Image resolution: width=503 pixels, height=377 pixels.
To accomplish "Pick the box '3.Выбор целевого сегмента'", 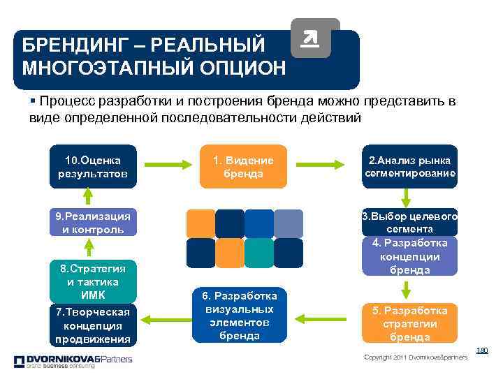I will click(x=409, y=222).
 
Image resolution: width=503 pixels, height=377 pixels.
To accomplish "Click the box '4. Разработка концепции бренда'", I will click(x=409, y=256).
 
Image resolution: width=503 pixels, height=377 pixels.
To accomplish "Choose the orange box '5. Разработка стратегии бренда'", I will click(x=409, y=323).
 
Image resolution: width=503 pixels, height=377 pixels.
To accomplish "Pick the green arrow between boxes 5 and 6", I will click(x=322, y=320).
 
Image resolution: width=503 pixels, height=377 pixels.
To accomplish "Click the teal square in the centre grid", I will click(x=259, y=253).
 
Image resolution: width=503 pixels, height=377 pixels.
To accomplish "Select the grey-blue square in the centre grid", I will click(x=288, y=223).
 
